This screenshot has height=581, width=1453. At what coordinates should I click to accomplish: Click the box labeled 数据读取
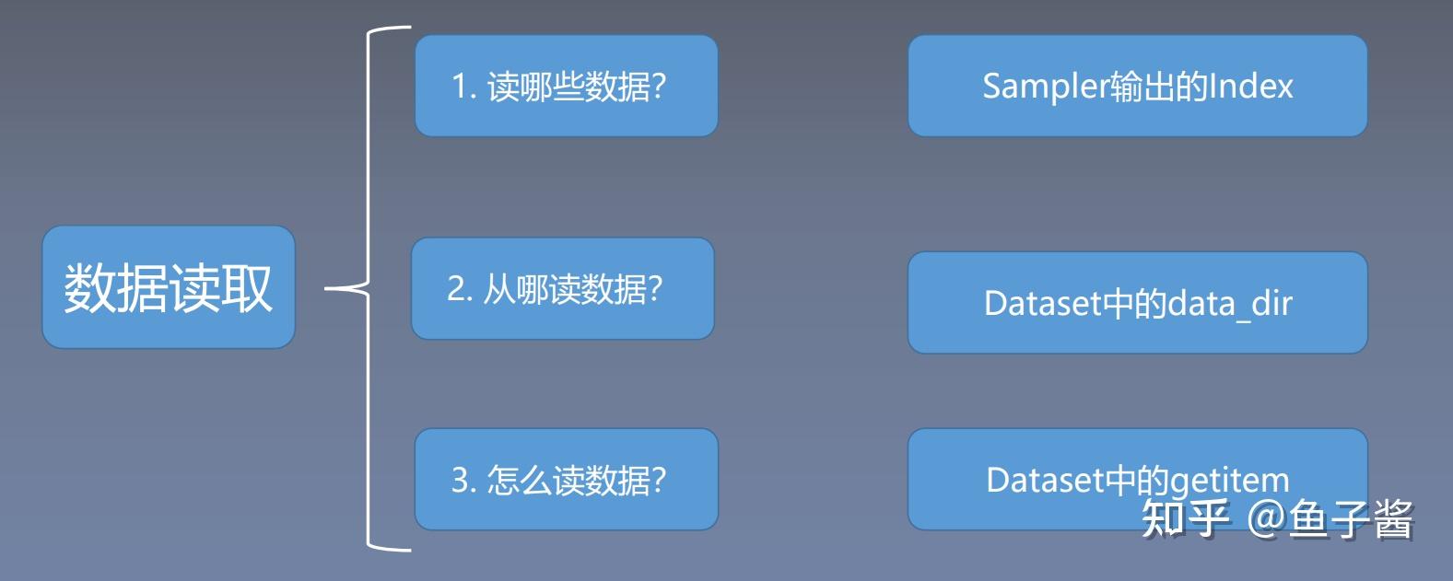[x=169, y=287]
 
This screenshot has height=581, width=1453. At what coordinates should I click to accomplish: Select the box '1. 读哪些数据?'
[x=567, y=86]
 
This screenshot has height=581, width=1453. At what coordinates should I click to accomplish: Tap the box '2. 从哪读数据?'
[x=563, y=288]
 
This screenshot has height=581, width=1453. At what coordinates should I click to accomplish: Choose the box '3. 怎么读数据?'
[x=567, y=479]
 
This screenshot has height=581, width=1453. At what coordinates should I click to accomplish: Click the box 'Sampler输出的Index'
[x=1138, y=86]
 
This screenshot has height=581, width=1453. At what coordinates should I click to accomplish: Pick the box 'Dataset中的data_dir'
[x=1138, y=303]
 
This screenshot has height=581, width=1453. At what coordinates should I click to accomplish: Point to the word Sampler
[x=1046, y=87]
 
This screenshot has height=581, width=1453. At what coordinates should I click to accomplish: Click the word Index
[x=1251, y=86]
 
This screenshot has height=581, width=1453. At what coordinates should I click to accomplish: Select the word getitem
[x=1231, y=482]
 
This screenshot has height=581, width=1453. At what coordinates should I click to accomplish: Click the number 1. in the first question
[x=464, y=87]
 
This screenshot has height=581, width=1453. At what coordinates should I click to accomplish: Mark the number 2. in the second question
[x=460, y=288]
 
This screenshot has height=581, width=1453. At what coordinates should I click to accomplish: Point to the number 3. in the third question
[x=463, y=480]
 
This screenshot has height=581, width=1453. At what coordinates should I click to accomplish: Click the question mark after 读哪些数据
[x=659, y=86]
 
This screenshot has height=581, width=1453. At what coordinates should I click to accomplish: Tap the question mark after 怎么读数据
[x=659, y=480]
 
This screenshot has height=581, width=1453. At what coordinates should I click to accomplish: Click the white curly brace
[x=369, y=288]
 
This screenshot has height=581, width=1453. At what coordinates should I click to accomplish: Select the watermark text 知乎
[x=1186, y=518]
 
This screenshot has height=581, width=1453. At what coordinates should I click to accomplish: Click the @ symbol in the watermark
[x=1266, y=518]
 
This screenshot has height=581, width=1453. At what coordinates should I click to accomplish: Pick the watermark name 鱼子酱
[x=1352, y=518]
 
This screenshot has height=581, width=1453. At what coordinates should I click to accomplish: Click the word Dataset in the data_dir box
[x=1043, y=304]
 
